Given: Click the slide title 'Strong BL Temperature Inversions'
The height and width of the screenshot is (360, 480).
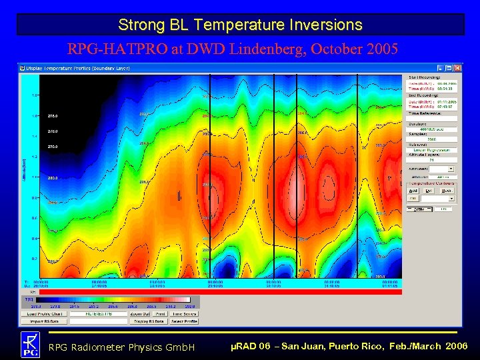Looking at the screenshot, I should point(240,25).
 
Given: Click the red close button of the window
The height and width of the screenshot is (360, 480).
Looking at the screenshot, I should point(458,68).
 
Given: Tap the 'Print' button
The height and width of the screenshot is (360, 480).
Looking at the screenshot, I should point(161,313).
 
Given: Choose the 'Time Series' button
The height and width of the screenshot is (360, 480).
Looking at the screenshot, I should point(184,313).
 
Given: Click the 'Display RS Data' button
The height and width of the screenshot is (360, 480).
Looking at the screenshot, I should point(150,321).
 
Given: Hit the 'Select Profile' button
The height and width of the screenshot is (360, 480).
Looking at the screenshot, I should point(184,321).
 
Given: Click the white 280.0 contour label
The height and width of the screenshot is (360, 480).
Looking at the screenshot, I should point(51,178).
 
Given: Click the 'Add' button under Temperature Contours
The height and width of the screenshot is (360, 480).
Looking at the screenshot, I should point(413,190).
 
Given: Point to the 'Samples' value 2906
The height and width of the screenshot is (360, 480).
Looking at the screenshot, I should point(431,140).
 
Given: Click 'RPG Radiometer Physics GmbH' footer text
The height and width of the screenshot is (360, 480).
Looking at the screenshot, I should point(121,347).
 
